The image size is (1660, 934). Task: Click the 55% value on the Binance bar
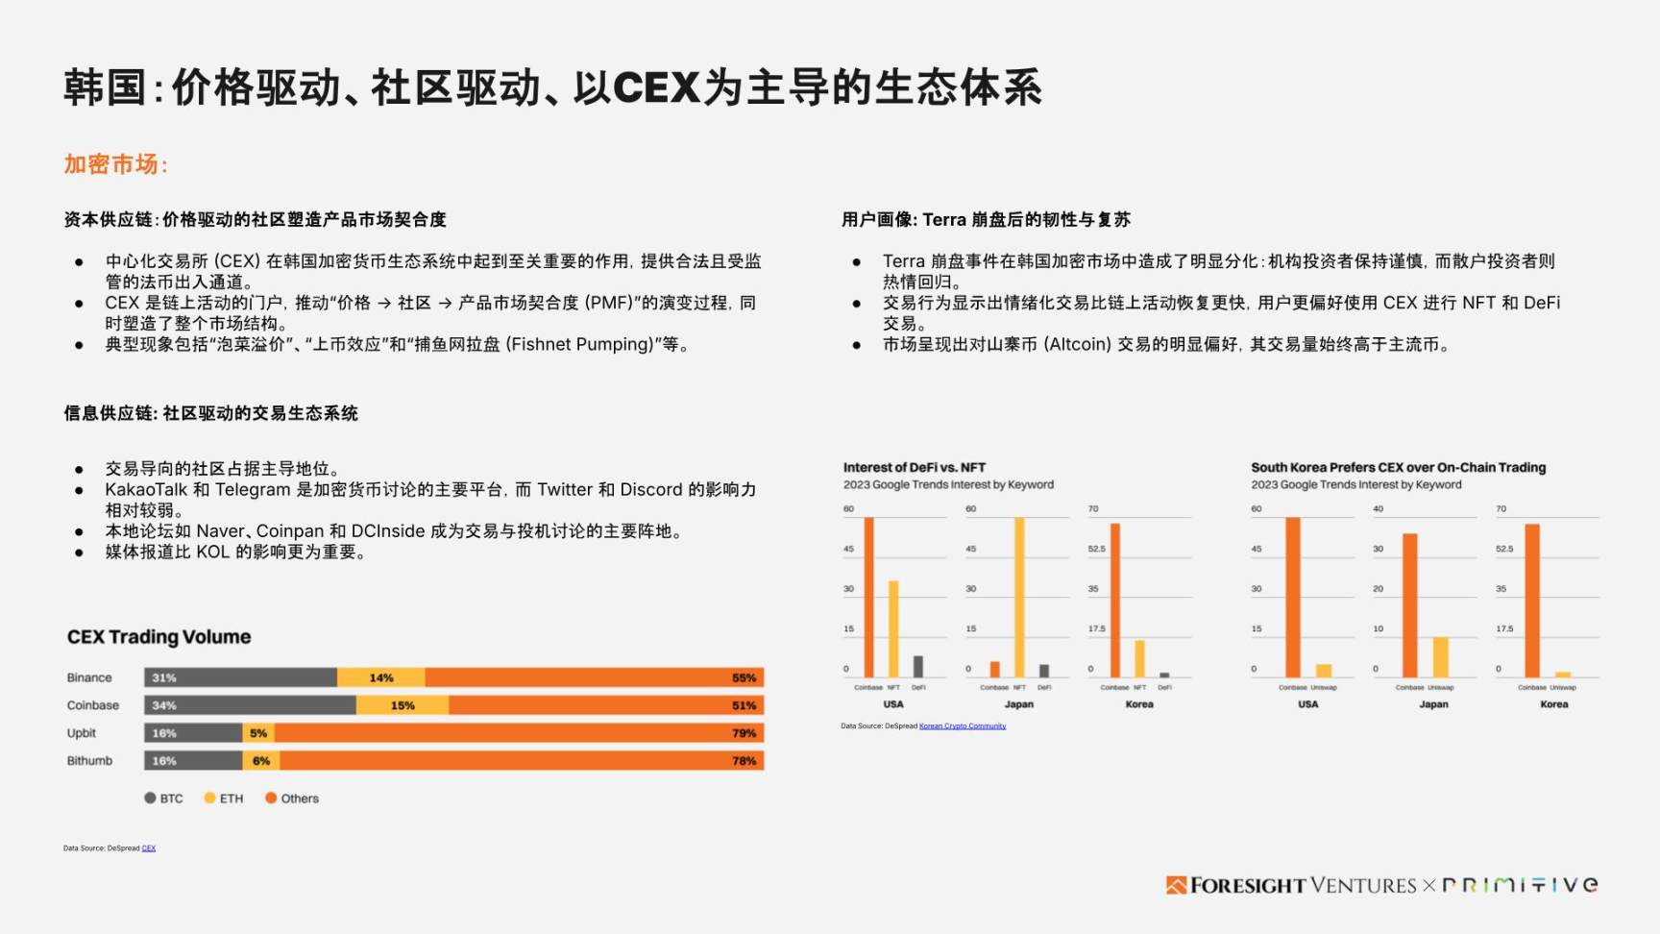click(744, 677)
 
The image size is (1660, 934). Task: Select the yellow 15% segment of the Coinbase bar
click(403, 705)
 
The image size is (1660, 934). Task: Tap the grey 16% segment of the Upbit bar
click(193, 733)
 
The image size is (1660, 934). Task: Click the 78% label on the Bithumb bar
click(744, 761)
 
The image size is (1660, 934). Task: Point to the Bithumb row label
click(89, 761)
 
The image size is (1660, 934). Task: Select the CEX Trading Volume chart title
click(159, 637)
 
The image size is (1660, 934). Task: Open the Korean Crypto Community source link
click(962, 726)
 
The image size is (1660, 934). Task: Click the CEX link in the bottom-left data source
click(149, 848)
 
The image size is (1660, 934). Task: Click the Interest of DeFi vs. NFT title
click(914, 468)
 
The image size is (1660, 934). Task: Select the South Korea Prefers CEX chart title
click(1398, 468)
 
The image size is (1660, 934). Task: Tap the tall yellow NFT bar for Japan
click(1019, 596)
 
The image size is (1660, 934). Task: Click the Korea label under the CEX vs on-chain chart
click(1553, 704)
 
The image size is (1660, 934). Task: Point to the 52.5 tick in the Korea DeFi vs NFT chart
click(1096, 549)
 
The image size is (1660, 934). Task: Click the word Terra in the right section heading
click(944, 220)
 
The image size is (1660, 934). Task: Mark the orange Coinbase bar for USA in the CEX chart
click(1293, 596)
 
